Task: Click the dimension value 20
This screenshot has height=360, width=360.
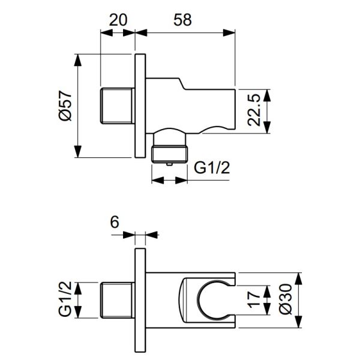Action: tap(118, 20)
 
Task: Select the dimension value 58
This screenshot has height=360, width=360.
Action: tap(182, 20)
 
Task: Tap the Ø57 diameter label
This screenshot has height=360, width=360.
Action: tap(65, 106)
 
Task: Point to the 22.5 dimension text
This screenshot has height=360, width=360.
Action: tap(254, 110)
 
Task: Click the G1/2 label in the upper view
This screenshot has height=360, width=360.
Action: tap(212, 168)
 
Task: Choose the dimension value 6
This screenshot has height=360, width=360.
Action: tap(115, 222)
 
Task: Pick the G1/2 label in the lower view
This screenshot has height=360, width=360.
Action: tap(65, 299)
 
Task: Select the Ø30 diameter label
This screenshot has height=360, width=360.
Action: tap(286, 299)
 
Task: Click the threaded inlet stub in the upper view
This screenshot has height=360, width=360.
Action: tap(118, 106)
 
